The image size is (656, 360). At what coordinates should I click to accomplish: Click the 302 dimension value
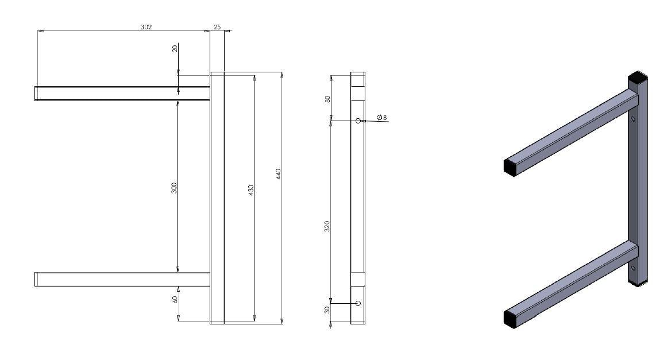point(146,27)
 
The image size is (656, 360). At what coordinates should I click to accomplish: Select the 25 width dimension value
point(217,27)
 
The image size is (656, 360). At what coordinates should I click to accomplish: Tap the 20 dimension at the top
point(175,49)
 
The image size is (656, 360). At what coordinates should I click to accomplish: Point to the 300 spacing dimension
point(175,188)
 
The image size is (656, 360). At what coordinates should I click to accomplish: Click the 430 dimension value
point(251,191)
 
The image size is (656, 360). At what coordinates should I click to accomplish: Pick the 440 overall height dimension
point(278,173)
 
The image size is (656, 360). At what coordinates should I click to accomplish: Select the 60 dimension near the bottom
point(175,299)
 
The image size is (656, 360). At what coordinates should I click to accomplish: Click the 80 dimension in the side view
point(328,99)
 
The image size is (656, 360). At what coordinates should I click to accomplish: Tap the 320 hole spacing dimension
point(327,226)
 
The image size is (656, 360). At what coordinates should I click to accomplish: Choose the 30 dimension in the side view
point(327,310)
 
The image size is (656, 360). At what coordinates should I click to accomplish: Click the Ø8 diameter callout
point(382,118)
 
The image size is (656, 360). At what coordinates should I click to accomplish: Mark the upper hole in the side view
point(358,121)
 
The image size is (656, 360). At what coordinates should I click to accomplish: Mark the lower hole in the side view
point(358,303)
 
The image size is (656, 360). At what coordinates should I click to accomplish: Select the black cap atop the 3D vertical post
point(637,76)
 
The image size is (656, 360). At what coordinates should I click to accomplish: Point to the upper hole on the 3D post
point(633,119)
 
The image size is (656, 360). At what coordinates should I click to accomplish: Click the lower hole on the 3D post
point(633,268)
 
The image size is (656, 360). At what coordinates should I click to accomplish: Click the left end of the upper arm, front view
point(37,94)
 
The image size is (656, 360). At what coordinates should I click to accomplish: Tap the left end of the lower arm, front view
point(37,279)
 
